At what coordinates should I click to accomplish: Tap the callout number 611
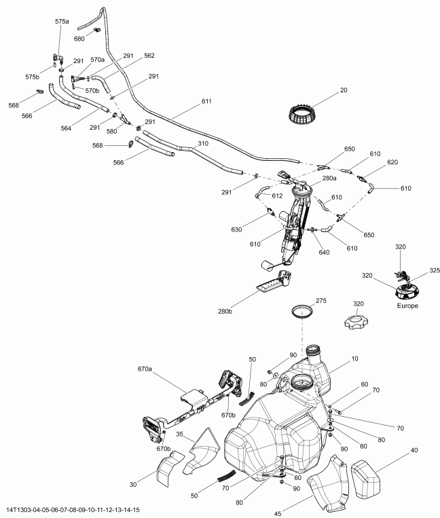point(206,102)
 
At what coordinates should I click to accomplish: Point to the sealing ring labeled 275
point(302,313)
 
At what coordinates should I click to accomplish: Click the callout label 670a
point(145,369)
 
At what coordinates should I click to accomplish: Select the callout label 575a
point(62,22)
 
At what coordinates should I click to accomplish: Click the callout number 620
point(411,162)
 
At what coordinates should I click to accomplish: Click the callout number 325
point(434,271)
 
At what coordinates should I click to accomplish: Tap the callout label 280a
point(329,178)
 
